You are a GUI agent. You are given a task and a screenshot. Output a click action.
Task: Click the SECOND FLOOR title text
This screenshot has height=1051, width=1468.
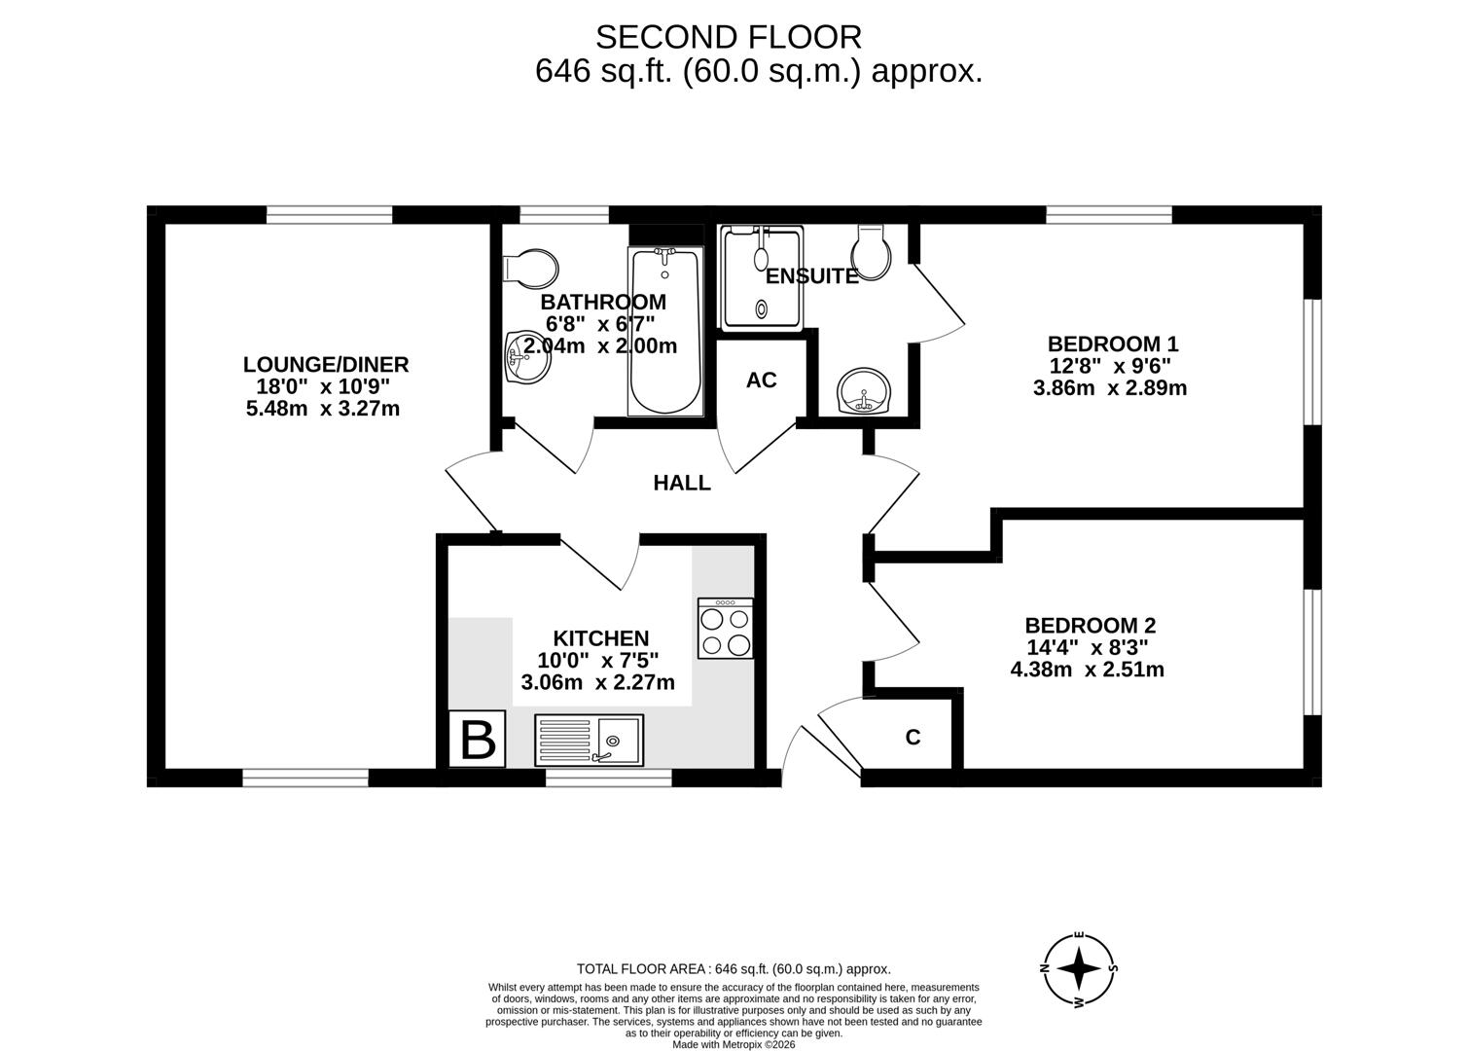(728, 37)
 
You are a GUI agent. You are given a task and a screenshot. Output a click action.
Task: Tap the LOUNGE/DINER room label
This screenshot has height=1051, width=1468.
(325, 365)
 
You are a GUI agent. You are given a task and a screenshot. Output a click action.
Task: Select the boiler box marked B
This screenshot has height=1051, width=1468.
(477, 741)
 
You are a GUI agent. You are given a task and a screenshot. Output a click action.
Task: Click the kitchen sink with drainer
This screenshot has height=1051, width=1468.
(589, 740)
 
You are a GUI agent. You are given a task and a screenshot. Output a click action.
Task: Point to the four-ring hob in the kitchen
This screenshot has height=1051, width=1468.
(725, 629)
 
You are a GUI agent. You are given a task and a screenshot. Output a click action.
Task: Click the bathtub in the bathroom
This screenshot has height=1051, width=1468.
(664, 331)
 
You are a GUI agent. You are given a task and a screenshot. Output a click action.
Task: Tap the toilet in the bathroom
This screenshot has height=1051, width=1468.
(531, 266)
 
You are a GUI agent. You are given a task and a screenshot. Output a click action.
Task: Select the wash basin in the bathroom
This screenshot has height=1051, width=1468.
(526, 357)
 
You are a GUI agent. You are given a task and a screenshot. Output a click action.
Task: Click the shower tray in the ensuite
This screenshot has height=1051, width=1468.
(761, 277)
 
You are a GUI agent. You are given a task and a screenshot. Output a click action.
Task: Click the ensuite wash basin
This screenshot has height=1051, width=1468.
(863, 392)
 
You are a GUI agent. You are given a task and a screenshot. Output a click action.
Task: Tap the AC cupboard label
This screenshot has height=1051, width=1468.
(761, 381)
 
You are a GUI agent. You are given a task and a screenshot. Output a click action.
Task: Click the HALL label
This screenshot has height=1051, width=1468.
(681, 483)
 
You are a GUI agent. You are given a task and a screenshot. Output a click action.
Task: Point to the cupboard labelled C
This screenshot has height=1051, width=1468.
(913, 738)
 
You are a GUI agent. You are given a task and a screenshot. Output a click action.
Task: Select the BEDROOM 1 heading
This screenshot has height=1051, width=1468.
(1112, 344)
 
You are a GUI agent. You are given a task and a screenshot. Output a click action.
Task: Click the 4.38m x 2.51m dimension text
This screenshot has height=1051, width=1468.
(1087, 670)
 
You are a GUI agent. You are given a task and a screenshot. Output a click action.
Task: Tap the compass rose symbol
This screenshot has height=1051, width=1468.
(1079, 968)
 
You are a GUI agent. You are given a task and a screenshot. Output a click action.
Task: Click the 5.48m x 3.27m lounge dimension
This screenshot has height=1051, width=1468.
(323, 409)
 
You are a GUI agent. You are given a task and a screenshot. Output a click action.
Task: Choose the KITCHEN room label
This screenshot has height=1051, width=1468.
(600, 638)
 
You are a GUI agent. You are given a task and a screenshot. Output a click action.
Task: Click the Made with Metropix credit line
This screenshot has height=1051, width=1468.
(734, 1044)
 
